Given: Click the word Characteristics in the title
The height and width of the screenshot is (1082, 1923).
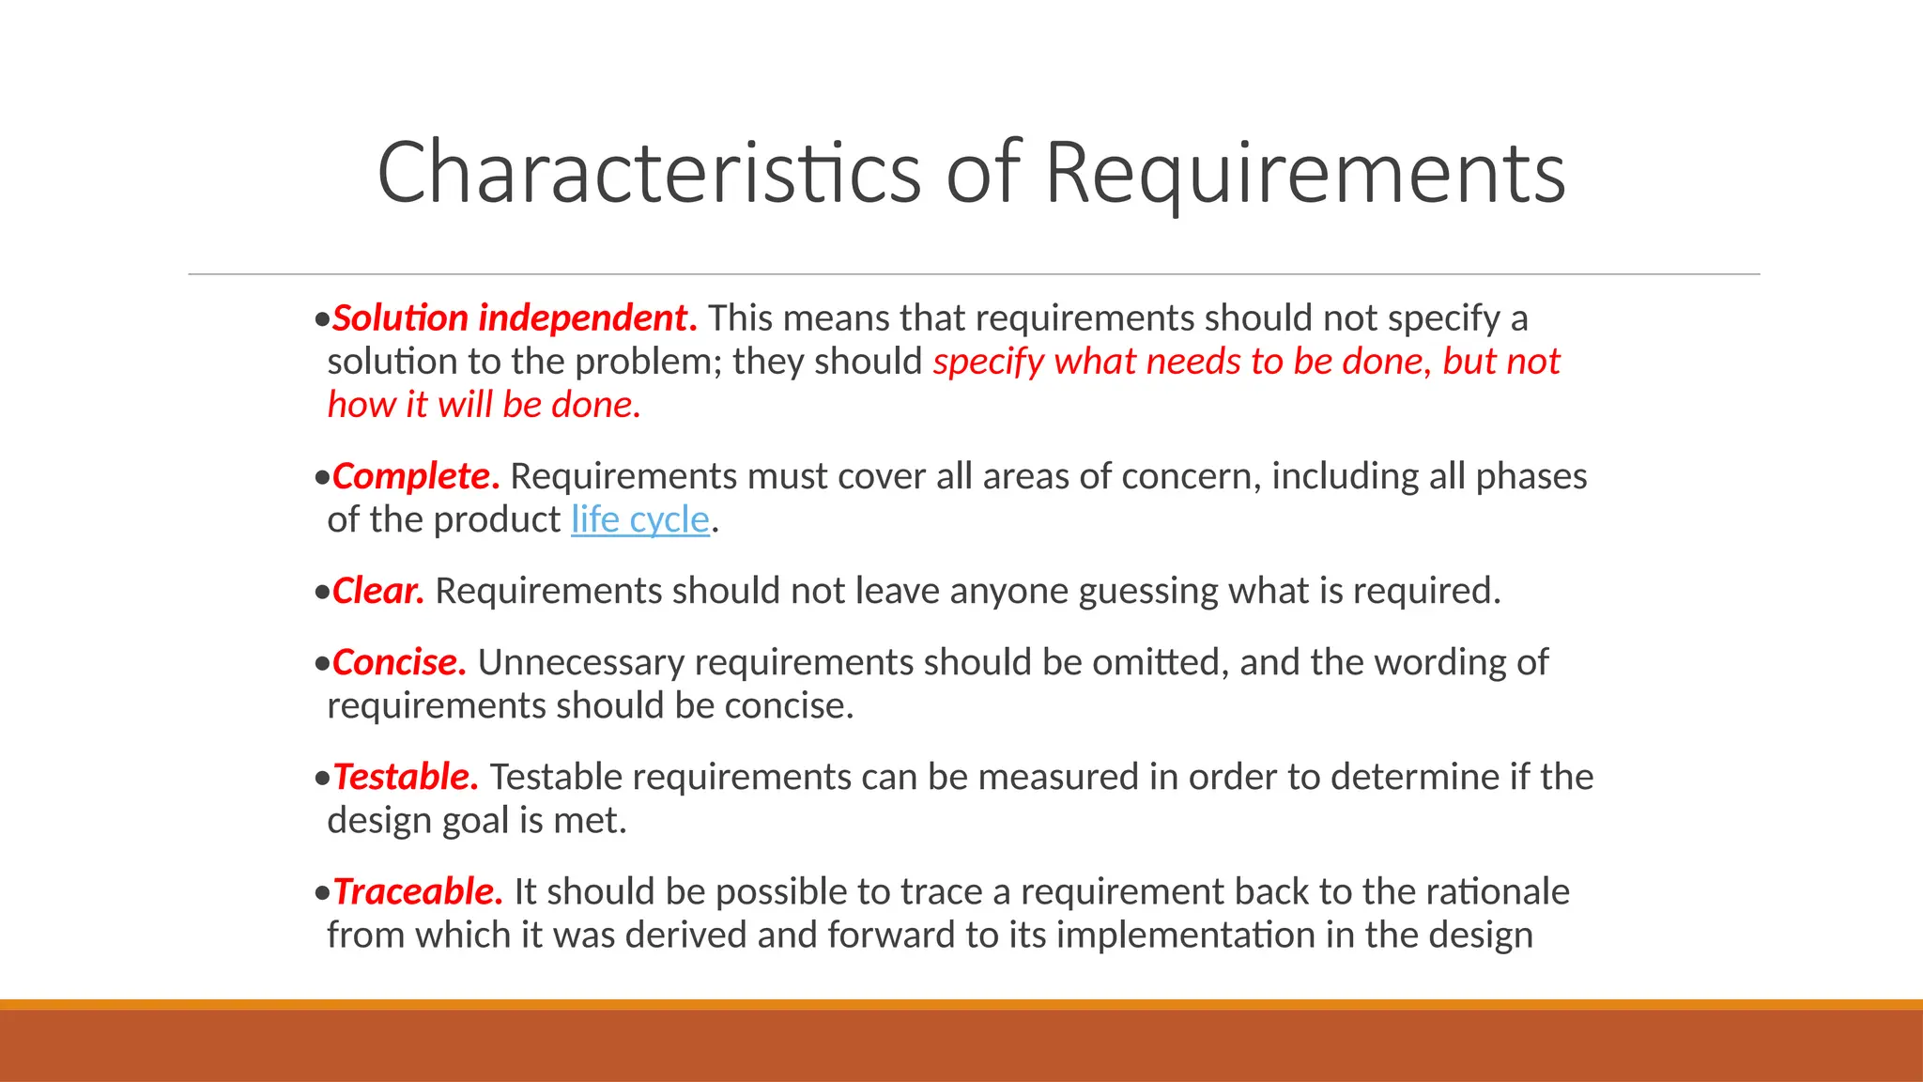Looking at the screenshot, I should click(649, 173).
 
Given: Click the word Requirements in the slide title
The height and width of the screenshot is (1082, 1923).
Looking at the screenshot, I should click(1305, 173).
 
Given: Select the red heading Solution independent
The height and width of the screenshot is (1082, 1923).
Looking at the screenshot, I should click(515, 318).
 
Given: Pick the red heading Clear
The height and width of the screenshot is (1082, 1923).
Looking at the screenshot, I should click(378, 591).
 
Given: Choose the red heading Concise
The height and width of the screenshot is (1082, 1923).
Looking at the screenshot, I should click(399, 662).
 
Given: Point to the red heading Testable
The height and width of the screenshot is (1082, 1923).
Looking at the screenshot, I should click(406, 777).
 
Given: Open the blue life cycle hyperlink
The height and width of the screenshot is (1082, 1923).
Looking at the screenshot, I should click(640, 519).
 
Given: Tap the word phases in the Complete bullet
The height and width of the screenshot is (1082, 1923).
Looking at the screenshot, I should click(1531, 476).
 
